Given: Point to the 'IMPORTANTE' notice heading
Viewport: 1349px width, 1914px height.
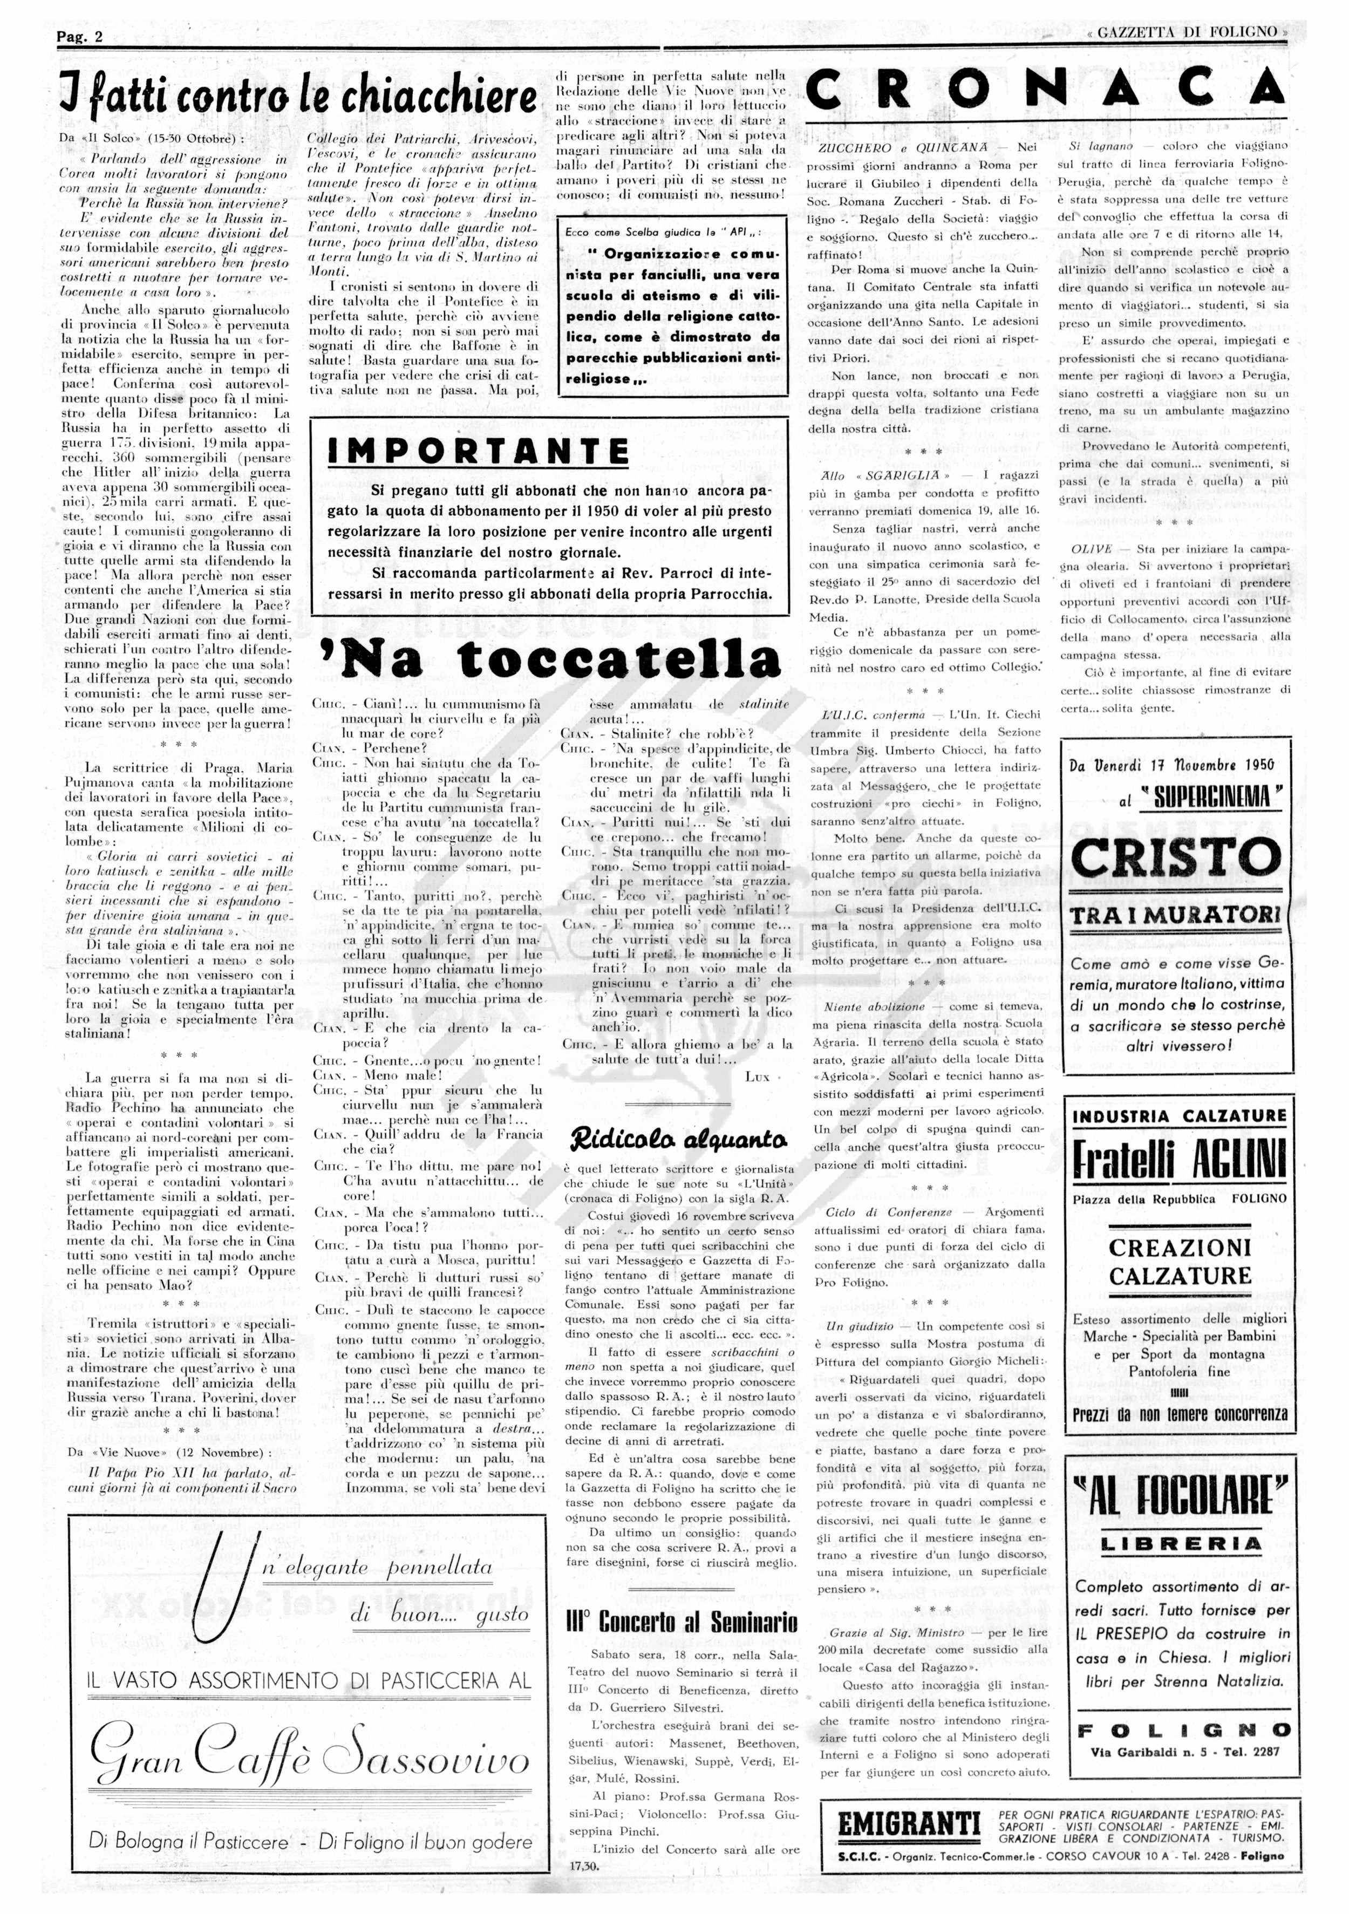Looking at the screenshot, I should click(x=479, y=451).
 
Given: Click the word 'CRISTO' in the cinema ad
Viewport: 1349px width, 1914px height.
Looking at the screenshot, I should click(x=1176, y=857).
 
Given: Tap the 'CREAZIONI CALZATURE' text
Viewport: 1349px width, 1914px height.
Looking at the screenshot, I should click(x=1180, y=1261).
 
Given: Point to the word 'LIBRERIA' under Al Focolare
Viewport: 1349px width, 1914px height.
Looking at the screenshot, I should click(x=1181, y=1543).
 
